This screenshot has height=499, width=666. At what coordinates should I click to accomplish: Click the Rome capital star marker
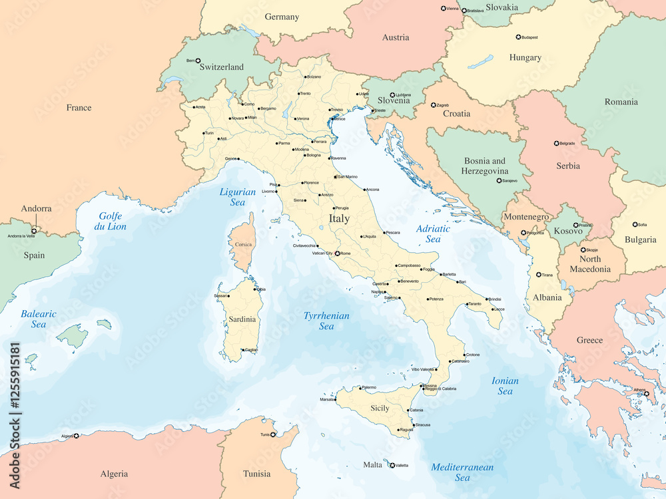point(337,253)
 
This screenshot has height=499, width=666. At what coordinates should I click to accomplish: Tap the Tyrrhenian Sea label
point(326,321)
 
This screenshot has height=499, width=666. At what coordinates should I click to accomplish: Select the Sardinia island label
point(242,319)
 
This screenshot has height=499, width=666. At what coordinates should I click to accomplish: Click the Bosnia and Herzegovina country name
point(486,166)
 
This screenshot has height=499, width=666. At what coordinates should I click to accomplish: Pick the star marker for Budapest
point(518,37)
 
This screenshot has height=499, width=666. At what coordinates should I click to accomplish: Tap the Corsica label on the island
point(243,244)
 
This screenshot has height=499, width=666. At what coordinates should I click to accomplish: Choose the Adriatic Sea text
point(433,234)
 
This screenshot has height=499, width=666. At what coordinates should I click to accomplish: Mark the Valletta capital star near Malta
point(392,465)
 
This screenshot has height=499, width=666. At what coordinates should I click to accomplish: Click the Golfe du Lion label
point(113,221)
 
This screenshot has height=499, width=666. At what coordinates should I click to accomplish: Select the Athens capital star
point(646,393)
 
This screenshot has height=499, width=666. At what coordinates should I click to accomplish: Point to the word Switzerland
point(222,67)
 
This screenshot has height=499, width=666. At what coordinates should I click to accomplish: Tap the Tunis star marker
point(274,434)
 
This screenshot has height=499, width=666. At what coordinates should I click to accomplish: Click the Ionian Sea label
point(505,386)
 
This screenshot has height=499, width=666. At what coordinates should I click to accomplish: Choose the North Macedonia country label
point(590,264)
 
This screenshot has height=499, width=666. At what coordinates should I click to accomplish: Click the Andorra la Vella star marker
point(34,231)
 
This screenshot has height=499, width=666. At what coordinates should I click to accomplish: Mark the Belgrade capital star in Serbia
point(557,143)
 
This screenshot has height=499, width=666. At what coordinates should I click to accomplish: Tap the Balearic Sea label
point(39,319)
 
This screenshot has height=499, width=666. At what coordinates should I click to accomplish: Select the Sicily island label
point(380,408)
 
